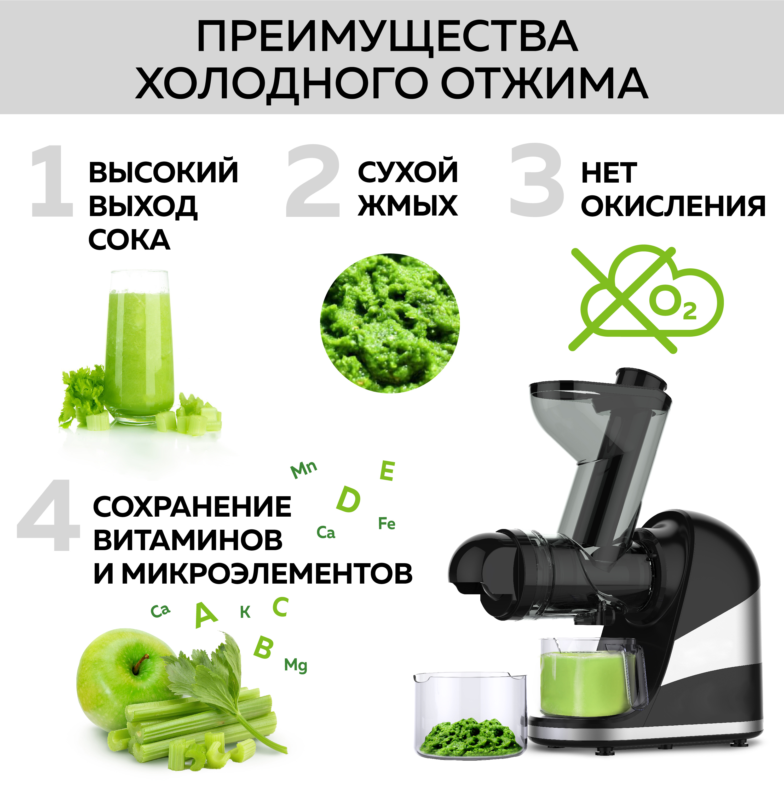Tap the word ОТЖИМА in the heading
click(x=544, y=83)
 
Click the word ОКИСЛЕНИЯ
click(x=673, y=206)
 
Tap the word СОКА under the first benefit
click(x=129, y=240)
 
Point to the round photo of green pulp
click(x=390, y=323)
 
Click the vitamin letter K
click(x=245, y=612)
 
